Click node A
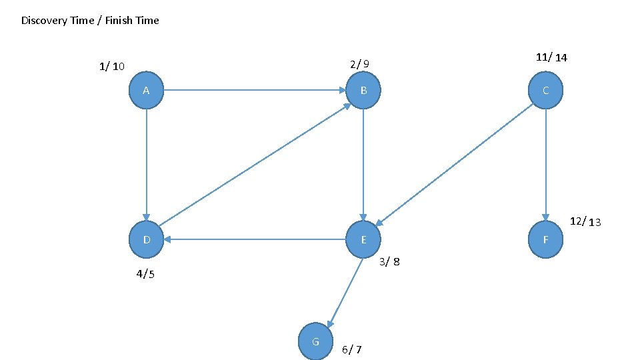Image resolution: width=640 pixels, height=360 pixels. click(146, 90)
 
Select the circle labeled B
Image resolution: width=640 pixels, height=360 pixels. click(363, 90)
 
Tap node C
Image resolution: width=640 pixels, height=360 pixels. click(545, 90)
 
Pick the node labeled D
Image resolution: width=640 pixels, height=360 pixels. click(146, 239)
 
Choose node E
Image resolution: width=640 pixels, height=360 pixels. click(363, 239)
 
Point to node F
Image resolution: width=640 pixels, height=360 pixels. click(545, 239)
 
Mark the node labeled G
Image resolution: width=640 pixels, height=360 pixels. click(315, 341)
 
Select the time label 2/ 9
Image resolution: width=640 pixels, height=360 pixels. click(359, 64)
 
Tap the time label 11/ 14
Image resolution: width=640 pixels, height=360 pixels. click(551, 57)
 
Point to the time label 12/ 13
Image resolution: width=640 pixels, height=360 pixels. click(585, 221)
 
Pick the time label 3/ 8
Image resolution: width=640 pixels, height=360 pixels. click(389, 261)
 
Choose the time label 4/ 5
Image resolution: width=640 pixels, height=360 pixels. click(145, 274)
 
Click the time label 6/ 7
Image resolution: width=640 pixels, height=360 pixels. click(352, 349)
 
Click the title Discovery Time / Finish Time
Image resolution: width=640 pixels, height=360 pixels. click(90, 21)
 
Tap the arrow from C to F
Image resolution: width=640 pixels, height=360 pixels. click(545, 164)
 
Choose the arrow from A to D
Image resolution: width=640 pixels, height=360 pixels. click(146, 164)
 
